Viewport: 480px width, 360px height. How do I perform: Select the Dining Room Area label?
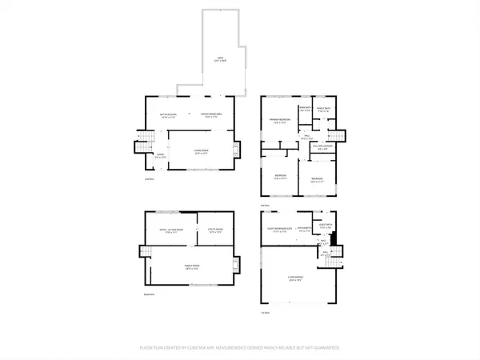coord(210,116)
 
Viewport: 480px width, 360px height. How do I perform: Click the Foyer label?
coord(160,155)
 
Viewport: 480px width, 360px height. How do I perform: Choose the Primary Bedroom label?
coord(279,122)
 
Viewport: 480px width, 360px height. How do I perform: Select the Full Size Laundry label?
coord(321,147)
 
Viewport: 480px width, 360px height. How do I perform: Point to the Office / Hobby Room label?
coord(164,232)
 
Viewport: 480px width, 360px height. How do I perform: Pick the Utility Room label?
coord(212,232)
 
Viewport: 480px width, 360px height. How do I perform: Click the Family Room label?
coord(190,269)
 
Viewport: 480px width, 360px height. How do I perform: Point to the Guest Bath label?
coord(324,226)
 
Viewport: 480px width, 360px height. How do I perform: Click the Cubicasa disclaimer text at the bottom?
coord(240,348)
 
